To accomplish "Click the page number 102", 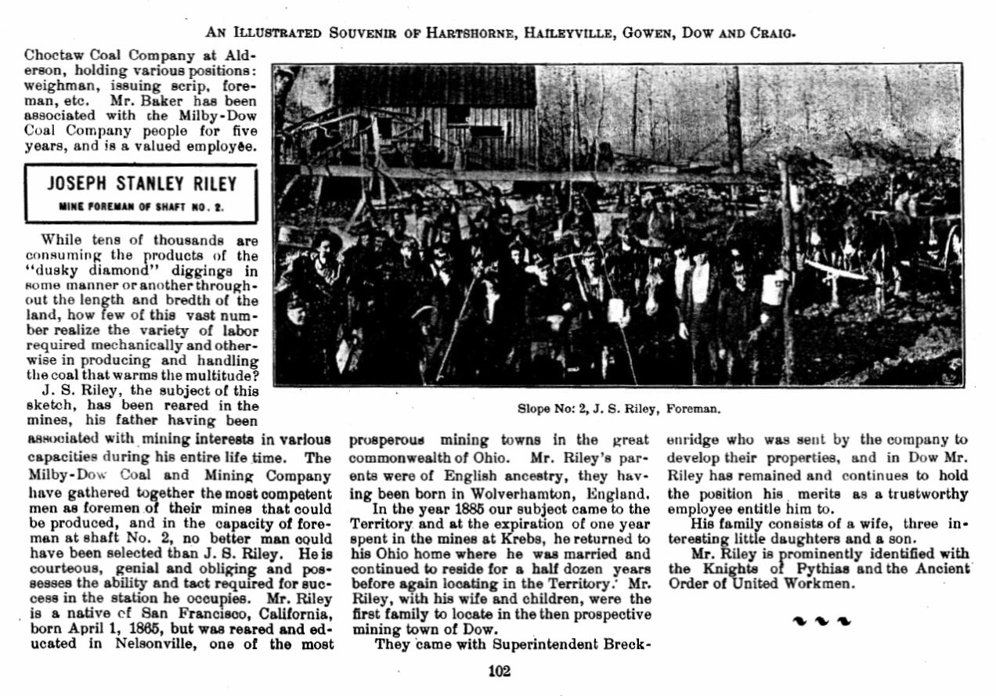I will point(498,671).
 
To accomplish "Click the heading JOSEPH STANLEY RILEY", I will point(142,185).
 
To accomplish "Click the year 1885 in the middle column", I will point(466,510).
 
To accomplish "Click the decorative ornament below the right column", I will point(821,621).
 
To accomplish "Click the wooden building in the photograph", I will point(438,110).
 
